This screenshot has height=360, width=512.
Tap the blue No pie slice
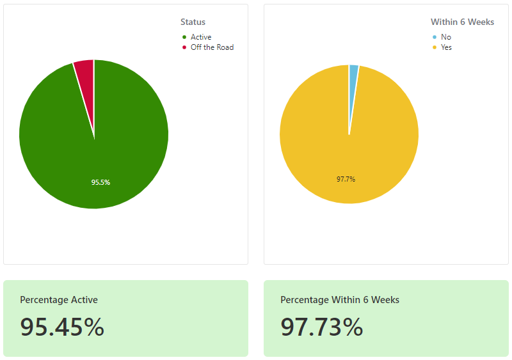coord(353,85)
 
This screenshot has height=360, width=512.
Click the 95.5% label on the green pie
coord(100,182)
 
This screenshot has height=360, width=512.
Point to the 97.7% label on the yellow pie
coord(346,179)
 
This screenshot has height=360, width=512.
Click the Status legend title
coord(193,22)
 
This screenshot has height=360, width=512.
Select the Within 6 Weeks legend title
coord(462,22)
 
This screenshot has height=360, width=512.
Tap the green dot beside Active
coord(184,37)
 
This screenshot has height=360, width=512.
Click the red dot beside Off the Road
coord(184,47)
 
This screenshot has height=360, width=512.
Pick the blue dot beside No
coord(435,37)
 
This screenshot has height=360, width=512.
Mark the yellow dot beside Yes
coord(435,47)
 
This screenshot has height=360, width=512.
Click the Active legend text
coord(201,37)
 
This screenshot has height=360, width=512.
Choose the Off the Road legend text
coord(212,47)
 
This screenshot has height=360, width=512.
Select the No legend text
coord(446,37)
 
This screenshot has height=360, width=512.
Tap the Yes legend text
coord(446,47)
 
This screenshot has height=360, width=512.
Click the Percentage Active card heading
coord(59,300)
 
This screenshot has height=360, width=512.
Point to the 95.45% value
coord(62,327)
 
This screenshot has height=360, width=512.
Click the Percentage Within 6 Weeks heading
coord(340,300)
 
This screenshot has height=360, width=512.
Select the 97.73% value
coord(322,327)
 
